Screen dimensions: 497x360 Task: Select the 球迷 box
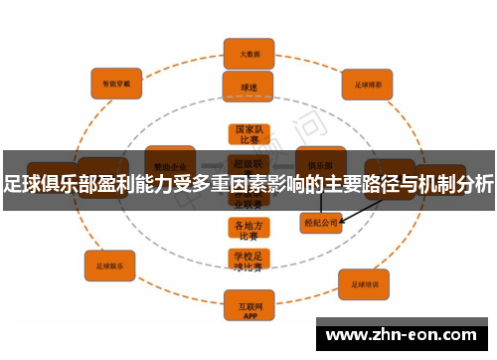248,88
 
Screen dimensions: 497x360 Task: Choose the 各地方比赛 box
247,229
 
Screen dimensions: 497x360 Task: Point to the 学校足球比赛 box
247,261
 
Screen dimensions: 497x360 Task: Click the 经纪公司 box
320,224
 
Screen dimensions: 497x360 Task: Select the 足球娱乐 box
109,267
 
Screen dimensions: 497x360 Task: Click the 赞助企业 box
169,160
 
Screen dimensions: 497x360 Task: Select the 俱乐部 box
320,159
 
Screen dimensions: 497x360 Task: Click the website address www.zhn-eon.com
403,334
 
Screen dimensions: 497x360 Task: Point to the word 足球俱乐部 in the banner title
50,181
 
